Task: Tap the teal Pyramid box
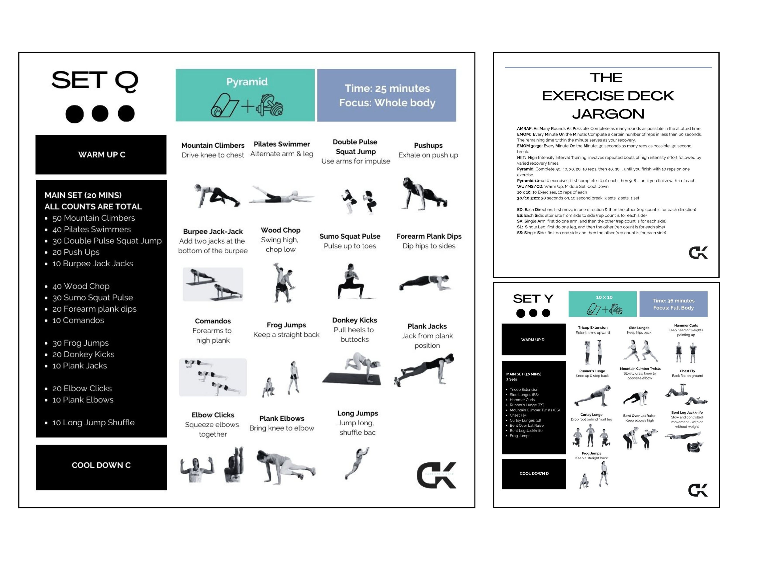[245, 95]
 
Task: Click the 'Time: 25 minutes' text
[387, 88]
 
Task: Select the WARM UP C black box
[101, 154]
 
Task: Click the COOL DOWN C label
[101, 465]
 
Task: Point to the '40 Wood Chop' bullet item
[81, 286]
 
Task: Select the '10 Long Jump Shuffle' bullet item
[93, 422]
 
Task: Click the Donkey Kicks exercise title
[354, 320]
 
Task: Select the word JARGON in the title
[608, 114]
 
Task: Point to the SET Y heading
[533, 299]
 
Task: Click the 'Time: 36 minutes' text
[673, 301]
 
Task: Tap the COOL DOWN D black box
[534, 473]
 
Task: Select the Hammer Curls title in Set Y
[686, 325]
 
